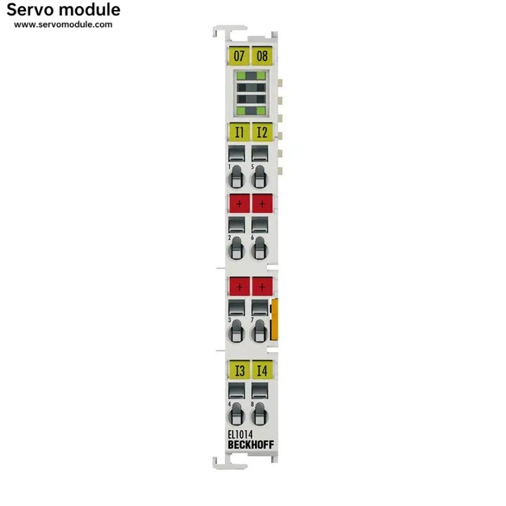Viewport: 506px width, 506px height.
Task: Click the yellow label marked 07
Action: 239,56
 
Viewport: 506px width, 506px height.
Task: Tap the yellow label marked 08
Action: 262,56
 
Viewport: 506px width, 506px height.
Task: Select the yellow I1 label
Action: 239,132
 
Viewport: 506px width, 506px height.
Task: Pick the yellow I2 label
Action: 262,132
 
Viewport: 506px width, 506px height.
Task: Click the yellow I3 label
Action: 239,370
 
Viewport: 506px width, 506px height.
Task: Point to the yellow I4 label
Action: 262,370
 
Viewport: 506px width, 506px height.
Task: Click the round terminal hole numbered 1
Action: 236,178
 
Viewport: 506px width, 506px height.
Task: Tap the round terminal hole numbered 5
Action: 259,178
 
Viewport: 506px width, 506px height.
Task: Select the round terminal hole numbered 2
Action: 236,249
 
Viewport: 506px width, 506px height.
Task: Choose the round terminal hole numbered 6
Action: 259,249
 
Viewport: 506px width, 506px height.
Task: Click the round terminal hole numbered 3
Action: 236,332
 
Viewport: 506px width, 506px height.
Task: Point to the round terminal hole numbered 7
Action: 259,332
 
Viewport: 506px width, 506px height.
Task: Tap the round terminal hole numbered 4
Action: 236,415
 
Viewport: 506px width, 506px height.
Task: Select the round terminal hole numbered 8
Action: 259,415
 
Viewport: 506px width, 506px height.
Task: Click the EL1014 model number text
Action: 240,435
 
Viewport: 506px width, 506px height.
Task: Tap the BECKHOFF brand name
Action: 251,445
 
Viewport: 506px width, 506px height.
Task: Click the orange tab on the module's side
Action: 274,320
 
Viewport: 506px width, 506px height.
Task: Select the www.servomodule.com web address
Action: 63,25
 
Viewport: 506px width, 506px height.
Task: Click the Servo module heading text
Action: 63,10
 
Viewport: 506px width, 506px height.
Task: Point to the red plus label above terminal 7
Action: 262,287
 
